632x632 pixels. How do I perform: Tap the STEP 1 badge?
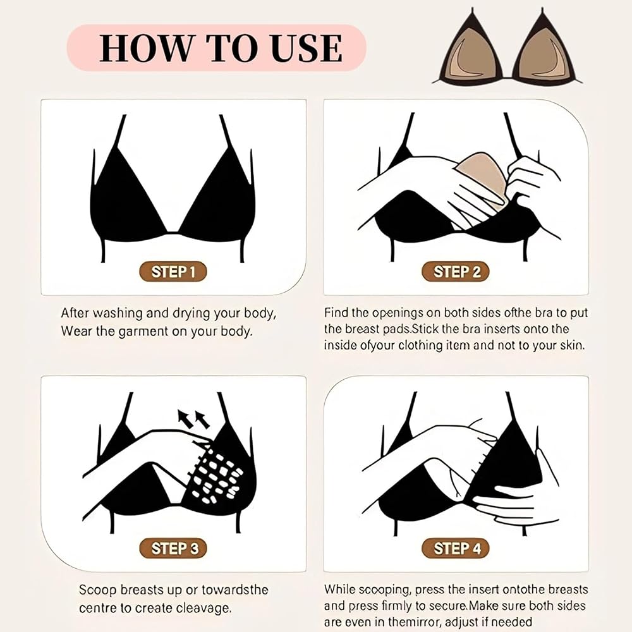(x=173, y=272)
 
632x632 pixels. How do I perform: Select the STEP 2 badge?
(x=456, y=272)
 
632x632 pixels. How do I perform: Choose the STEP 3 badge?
(x=173, y=548)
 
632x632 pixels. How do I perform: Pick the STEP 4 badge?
(x=456, y=548)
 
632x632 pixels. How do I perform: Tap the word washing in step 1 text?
(x=117, y=313)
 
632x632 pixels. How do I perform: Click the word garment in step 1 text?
(x=143, y=332)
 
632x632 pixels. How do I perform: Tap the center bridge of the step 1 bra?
(x=173, y=232)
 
